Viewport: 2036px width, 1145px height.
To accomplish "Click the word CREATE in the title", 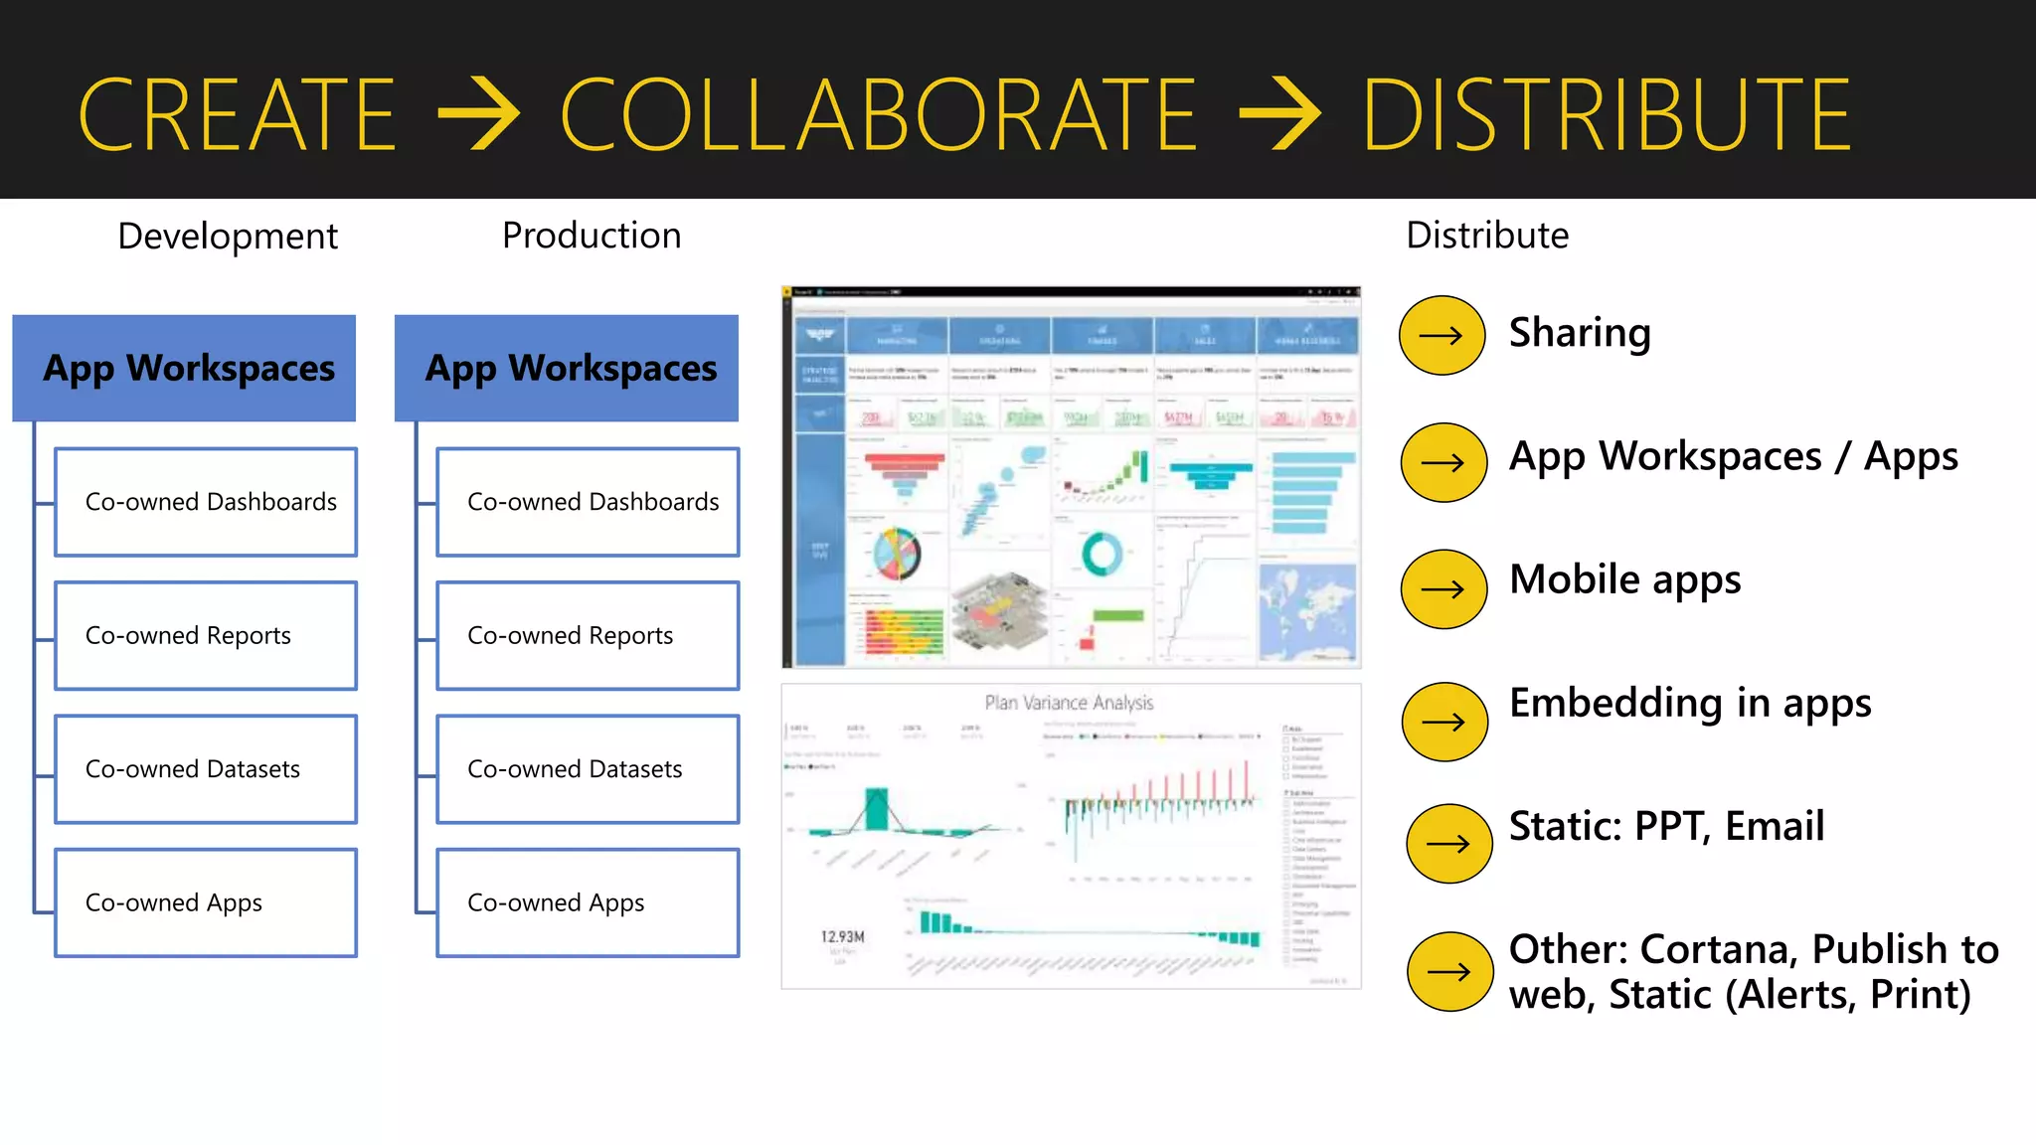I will pos(237,115).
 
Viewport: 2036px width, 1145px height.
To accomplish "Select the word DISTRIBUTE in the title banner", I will pos(1606,115).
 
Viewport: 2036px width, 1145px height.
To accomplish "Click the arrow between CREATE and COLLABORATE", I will pos(479,115).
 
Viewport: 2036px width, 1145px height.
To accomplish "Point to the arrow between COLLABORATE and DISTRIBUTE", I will pos(1280,115).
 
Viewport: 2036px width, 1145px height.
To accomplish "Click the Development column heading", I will pos(228,237).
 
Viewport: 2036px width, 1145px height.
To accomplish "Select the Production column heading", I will pos(592,236).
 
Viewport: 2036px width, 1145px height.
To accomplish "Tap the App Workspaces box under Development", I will pos(185,368).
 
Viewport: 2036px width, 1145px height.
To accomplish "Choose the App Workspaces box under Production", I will pos(567,368).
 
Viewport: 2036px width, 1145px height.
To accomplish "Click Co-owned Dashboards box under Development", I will pos(206,502).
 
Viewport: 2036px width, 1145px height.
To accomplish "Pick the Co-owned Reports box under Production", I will pos(588,635).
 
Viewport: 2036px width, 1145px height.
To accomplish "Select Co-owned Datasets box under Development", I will pos(206,768).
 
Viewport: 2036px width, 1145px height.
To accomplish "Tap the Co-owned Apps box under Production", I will pos(588,902).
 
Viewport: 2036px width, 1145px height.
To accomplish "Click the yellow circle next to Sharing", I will pos(1442,336).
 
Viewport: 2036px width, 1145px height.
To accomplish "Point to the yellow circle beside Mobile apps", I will pos(1443,589).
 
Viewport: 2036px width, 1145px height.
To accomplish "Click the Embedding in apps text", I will pos(1690,703).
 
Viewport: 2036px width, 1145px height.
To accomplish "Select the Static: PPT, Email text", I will pos(1666,826).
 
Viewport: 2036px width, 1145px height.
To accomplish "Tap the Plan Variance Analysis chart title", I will pos(1069,703).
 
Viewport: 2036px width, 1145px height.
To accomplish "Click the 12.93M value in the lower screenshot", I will pos(843,936).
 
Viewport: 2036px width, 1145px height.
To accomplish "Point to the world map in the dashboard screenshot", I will pos(1307,610).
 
